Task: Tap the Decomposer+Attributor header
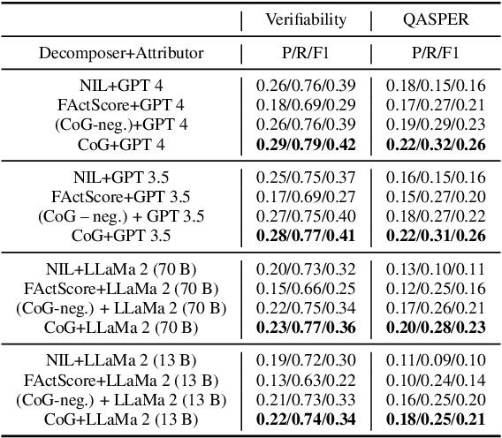(121, 54)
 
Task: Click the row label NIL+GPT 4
(121, 85)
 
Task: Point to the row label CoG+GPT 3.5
(121, 236)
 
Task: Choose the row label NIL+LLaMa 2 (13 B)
(121, 361)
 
